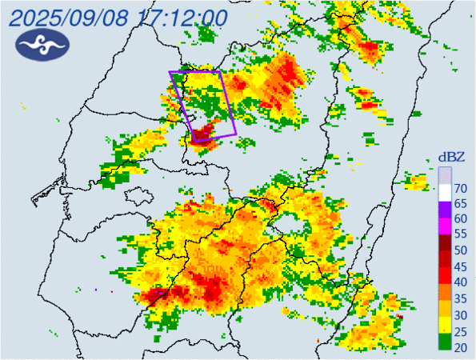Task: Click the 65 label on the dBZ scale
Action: point(461,205)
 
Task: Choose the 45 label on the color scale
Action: point(461,266)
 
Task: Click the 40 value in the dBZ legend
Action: point(461,282)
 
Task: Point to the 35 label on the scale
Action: point(461,298)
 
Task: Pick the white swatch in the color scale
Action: point(444,192)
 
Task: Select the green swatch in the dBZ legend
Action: point(444,342)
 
